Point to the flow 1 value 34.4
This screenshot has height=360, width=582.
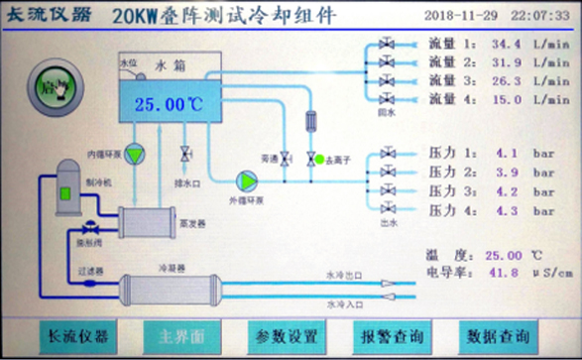pyautogui.click(x=505, y=45)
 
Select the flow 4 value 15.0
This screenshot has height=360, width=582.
pyautogui.click(x=505, y=99)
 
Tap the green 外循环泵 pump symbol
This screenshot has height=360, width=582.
pyautogui.click(x=247, y=180)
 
